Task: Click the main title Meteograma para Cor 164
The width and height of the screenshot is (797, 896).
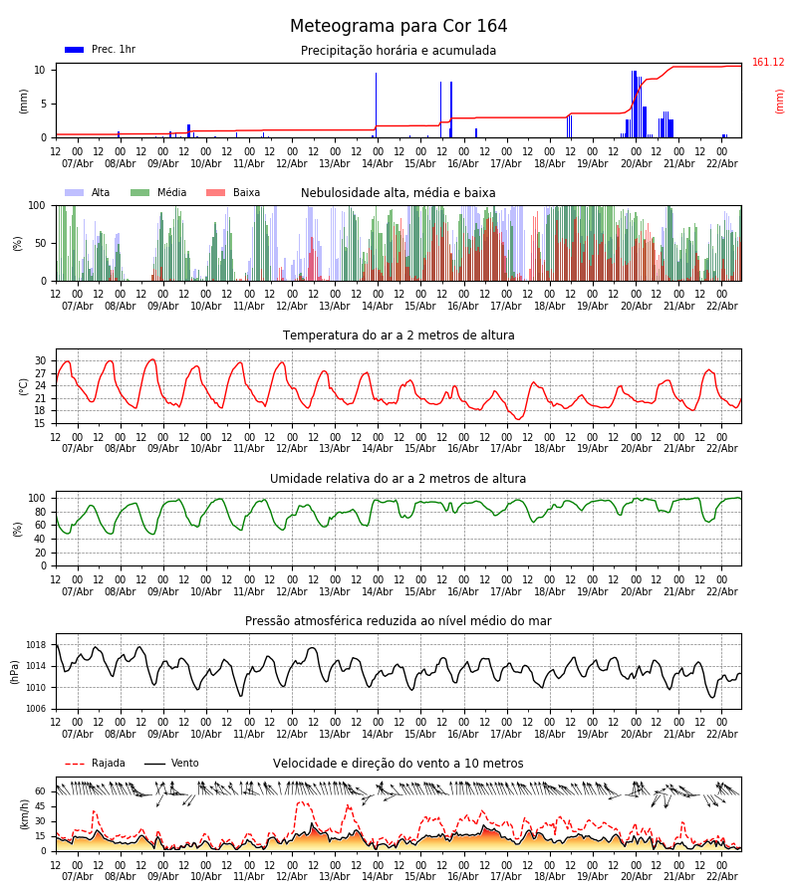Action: pos(398,27)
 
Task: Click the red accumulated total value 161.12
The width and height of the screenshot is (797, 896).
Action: pos(768,63)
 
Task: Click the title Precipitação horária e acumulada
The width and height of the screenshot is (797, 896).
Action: pos(398,51)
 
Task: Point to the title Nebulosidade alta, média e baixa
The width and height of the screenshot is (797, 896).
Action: pos(398,193)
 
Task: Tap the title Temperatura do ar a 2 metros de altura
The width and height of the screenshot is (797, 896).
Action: pos(398,336)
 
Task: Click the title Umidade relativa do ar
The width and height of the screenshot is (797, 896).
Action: pos(398,479)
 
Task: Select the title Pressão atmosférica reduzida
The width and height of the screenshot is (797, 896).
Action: pos(398,621)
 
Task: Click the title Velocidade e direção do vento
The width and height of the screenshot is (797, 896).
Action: pos(398,764)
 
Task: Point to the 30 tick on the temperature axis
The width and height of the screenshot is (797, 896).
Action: pos(40,361)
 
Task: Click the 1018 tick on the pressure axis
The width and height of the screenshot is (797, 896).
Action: pos(35,645)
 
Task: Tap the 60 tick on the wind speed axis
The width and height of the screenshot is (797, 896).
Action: pos(40,791)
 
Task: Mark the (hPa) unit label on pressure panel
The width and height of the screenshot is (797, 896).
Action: pos(16,671)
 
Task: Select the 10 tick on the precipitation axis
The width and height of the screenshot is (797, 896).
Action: pos(40,70)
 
